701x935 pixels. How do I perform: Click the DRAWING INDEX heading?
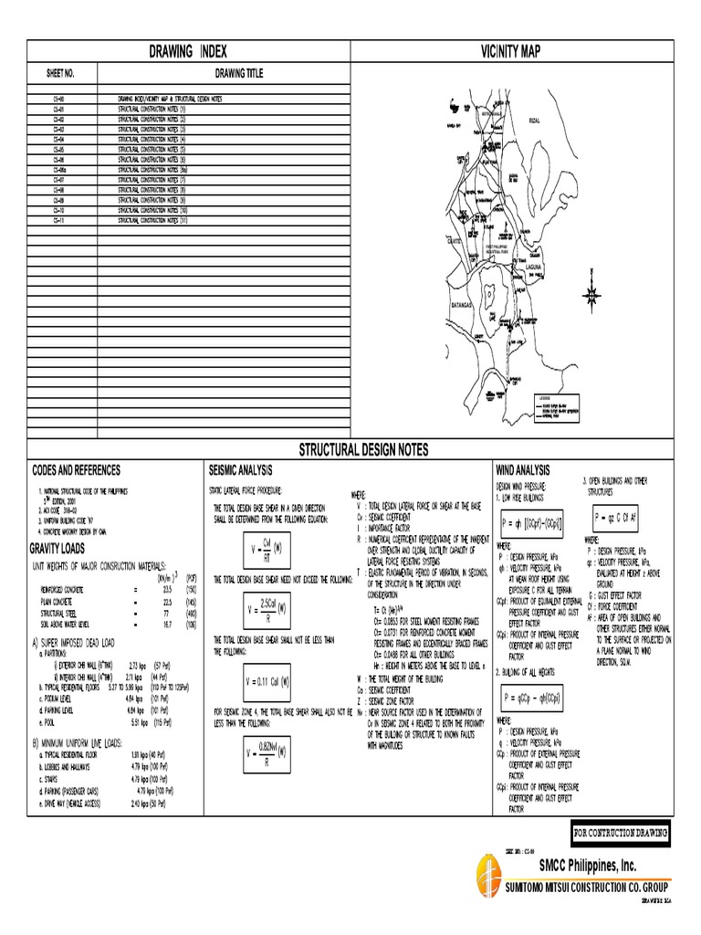190,52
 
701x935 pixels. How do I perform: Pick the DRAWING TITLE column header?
238,73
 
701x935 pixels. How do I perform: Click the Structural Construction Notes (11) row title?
152,221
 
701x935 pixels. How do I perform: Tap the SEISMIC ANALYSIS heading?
241,469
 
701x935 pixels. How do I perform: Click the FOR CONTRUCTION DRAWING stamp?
621,833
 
